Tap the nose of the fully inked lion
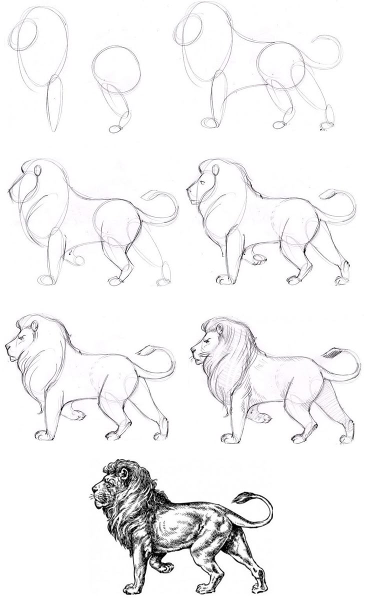(x=94, y=488)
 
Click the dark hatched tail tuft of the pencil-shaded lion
(x=331, y=353)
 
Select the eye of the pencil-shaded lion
(x=206, y=341)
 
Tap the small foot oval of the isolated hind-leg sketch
(x=115, y=129)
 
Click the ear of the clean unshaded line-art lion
(x=34, y=326)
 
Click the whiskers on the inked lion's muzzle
(x=91, y=497)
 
